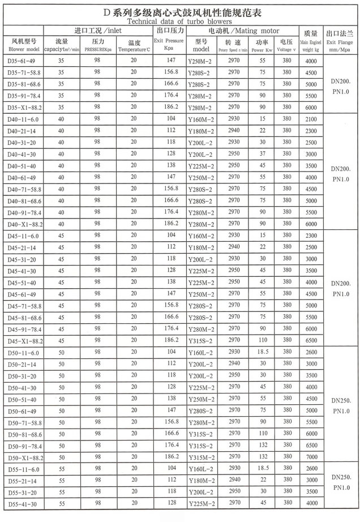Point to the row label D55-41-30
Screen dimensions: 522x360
click(x=23, y=503)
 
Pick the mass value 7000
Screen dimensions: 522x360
click(x=310, y=456)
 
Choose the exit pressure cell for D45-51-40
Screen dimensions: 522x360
click(x=171, y=281)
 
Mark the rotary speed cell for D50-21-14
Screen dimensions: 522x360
click(x=234, y=363)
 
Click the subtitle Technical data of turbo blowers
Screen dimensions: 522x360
click(x=179, y=21)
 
